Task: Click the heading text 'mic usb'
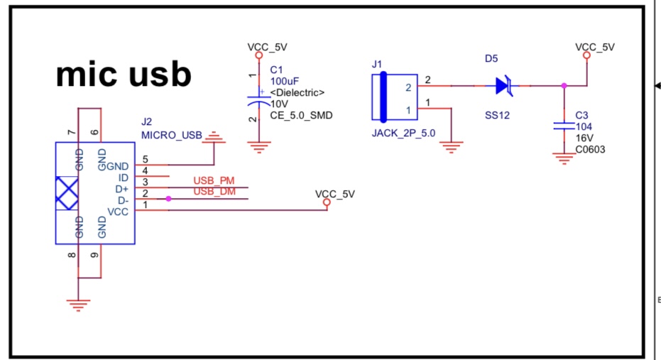coord(124,73)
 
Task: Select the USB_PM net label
coord(214,182)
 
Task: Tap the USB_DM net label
coord(214,192)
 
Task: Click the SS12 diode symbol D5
coord(504,86)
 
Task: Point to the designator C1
coord(276,70)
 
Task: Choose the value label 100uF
coord(283,81)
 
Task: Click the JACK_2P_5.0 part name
coord(403,133)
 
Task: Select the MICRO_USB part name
coord(172,134)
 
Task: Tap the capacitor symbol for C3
coord(564,126)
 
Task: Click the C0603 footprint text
coord(591,149)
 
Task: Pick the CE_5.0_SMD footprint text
coord(301,114)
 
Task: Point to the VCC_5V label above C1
coord(267,47)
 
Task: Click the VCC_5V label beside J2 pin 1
coord(334,193)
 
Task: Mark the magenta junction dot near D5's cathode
coord(564,86)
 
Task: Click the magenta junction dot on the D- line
coord(168,199)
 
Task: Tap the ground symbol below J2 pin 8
coord(78,305)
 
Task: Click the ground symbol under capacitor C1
coord(260,148)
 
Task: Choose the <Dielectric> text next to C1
coord(297,92)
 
